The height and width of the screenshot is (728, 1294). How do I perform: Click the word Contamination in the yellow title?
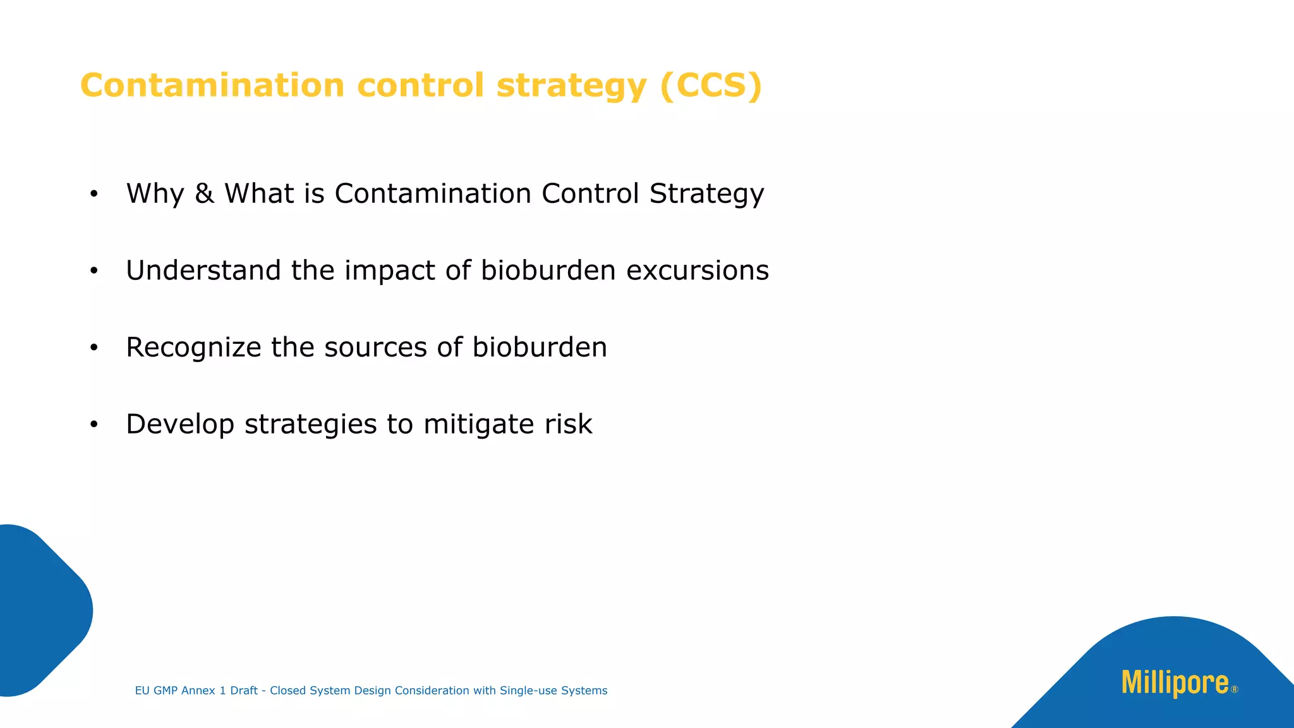click(x=212, y=85)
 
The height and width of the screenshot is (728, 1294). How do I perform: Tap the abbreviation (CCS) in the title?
click(x=711, y=85)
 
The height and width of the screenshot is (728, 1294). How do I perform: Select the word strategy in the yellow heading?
click(x=571, y=87)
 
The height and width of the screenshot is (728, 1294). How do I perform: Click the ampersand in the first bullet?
click(x=204, y=193)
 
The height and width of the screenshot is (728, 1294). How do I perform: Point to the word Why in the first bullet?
click(x=155, y=194)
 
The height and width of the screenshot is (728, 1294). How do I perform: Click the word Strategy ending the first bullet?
click(x=706, y=194)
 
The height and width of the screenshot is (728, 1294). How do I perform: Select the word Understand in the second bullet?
click(x=203, y=270)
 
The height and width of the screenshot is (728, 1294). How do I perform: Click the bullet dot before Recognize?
click(x=94, y=348)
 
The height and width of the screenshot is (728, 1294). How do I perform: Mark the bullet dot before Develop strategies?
click(x=94, y=425)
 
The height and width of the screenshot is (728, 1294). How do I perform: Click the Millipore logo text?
click(x=1175, y=684)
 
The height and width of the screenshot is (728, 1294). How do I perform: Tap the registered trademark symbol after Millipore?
click(x=1235, y=690)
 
